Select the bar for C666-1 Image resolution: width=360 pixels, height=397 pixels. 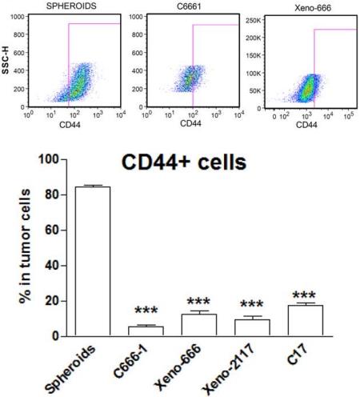[x=146, y=331]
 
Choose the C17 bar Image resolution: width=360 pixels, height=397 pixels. [x=306, y=320]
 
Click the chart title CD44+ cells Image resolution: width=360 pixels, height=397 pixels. [x=183, y=164]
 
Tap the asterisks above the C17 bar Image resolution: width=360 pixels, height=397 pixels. [x=306, y=295]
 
